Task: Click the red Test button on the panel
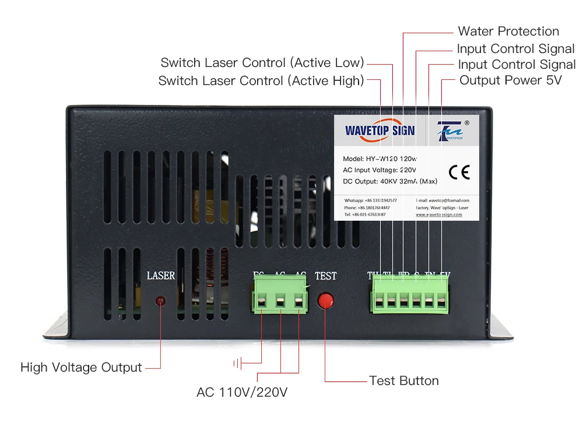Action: (x=325, y=300)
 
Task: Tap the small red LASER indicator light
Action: (x=160, y=301)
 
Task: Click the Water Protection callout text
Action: (x=508, y=31)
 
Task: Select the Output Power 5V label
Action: (x=511, y=80)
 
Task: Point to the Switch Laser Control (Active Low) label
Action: (x=262, y=62)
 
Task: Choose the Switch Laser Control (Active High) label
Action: (x=261, y=80)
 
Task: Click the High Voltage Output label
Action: (x=81, y=368)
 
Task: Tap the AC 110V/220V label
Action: (x=242, y=392)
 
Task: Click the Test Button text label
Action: (x=404, y=381)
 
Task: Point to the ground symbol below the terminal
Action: (x=237, y=364)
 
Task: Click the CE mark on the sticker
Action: (x=459, y=172)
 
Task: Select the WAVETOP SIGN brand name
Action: (x=380, y=130)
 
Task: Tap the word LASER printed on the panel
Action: (x=161, y=275)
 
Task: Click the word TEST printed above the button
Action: (x=325, y=275)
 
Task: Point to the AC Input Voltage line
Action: (x=380, y=170)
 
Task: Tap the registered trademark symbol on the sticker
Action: (x=466, y=123)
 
